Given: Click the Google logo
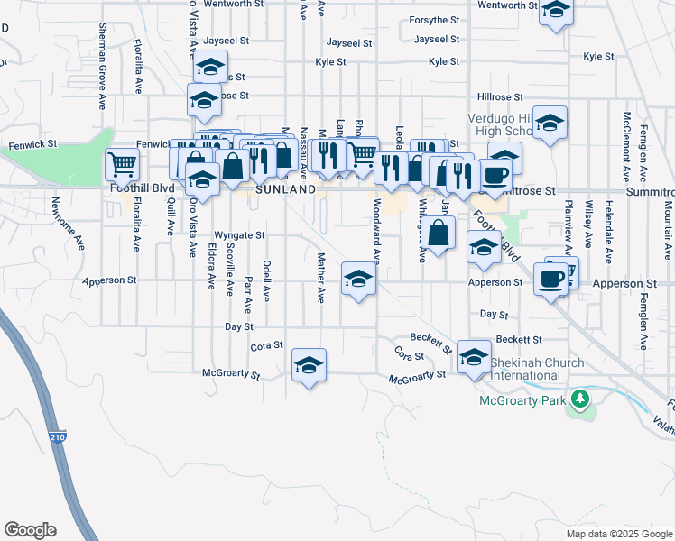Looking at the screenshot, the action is [30, 530].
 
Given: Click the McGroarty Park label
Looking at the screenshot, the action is [522, 398].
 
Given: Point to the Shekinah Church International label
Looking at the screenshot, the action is [537, 369].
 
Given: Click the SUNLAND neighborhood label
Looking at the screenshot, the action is [285, 190].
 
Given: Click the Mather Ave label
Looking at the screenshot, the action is [320, 277].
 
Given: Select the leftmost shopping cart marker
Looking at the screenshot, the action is [122, 164].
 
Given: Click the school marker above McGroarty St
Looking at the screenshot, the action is [309, 365].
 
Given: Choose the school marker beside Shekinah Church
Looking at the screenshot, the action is [474, 357].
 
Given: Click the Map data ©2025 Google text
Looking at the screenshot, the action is [618, 533].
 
